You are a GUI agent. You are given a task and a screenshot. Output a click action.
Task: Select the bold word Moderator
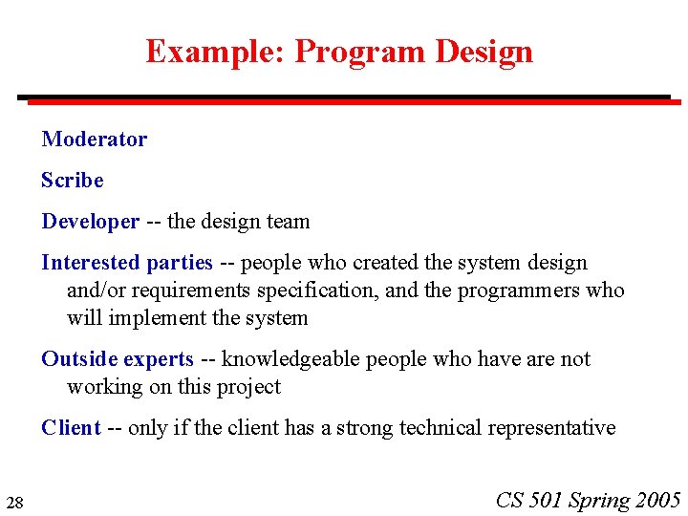tap(94, 140)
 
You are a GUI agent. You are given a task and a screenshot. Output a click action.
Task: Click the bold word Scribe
tap(72, 181)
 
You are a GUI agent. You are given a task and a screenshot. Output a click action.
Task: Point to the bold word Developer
tap(90, 222)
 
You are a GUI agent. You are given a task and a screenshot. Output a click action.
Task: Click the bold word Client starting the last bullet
tap(71, 428)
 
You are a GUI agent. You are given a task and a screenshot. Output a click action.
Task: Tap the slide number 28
tap(14, 503)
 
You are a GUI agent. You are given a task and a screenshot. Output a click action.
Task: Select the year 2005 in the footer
tap(658, 500)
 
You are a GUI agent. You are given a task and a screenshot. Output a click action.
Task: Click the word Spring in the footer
tap(599, 500)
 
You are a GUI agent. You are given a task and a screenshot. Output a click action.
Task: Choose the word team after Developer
tap(288, 222)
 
